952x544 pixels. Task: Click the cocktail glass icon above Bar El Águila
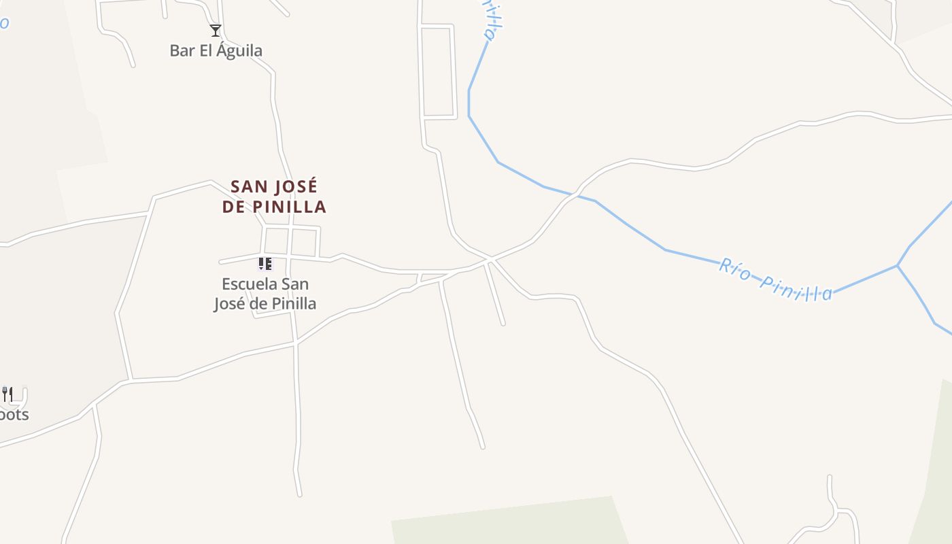216,31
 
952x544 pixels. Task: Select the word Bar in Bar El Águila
182,51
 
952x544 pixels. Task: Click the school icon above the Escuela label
265,263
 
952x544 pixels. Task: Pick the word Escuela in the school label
251,284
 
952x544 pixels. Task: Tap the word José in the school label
231,303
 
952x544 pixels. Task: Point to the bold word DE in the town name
233,207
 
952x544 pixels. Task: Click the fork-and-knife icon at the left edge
7,394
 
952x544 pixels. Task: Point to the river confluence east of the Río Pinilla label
898,265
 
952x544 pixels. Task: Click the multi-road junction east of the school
490,259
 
